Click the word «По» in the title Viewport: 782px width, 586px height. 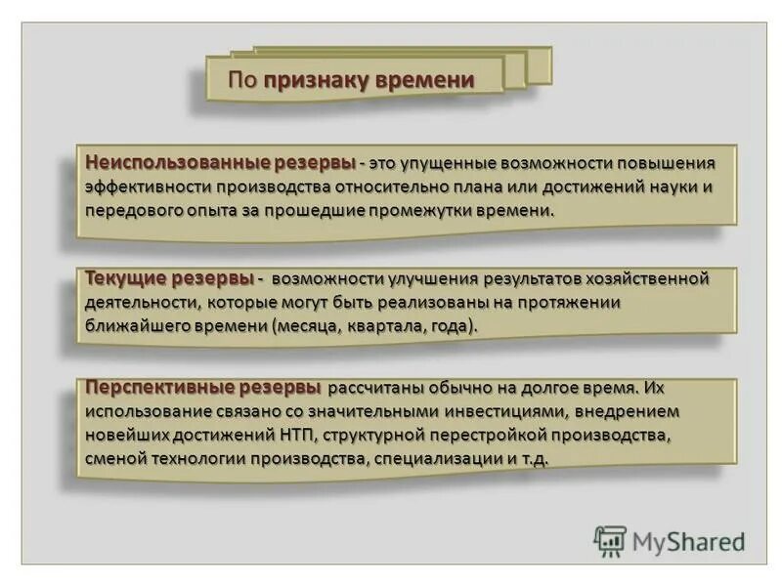click(242, 80)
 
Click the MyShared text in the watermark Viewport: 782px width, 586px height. click(688, 540)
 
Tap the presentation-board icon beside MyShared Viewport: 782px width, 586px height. click(611, 541)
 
